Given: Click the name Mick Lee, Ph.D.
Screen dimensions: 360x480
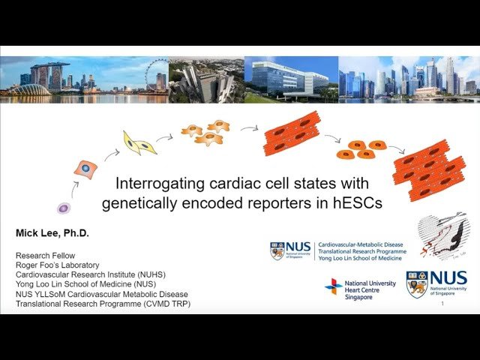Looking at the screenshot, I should (x=52, y=233).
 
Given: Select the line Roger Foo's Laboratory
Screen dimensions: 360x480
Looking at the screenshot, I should (x=57, y=265).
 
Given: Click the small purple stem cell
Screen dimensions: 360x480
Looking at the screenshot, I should (x=64, y=208).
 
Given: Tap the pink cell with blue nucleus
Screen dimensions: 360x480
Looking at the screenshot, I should (x=85, y=169).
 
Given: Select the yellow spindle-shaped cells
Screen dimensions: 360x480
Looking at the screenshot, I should (x=139, y=142).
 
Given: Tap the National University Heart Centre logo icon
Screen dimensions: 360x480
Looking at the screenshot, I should (x=334, y=286).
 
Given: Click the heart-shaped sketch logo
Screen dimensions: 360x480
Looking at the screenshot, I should (x=443, y=236).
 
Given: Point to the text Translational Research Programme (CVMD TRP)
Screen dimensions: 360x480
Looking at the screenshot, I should (x=103, y=304).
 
